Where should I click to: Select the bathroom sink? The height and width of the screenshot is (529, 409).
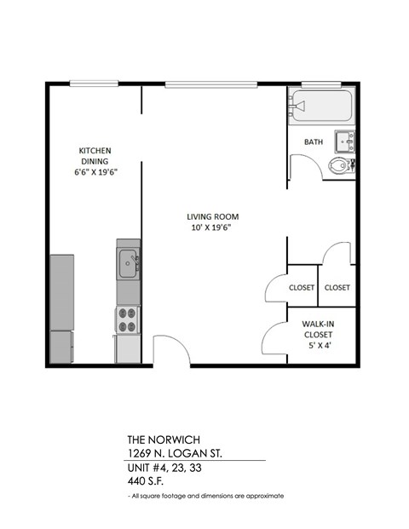point(344,140)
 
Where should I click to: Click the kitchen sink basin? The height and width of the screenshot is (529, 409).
point(129,261)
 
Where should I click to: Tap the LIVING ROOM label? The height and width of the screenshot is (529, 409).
point(210,216)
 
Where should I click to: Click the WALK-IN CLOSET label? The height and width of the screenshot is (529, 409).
point(322,329)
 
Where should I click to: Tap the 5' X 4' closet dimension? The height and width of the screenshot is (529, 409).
point(322,347)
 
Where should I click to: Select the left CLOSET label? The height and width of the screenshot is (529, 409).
point(302,288)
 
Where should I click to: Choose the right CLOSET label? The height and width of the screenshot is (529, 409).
point(337,288)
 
